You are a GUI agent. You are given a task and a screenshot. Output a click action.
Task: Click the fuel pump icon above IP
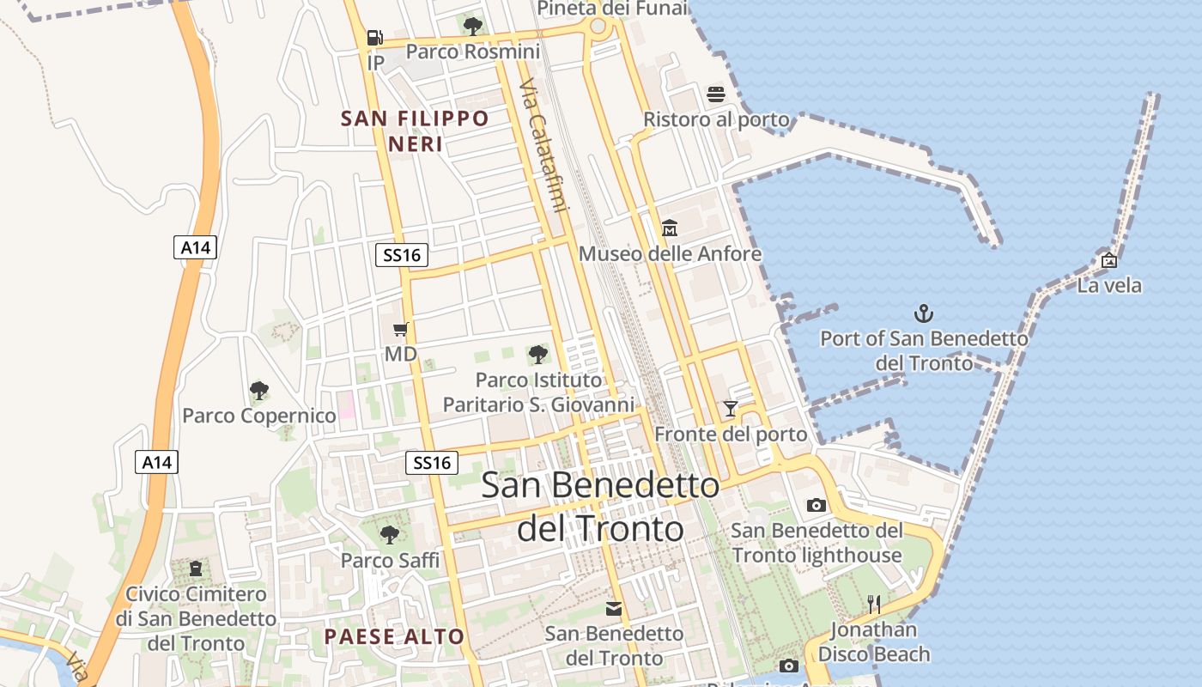point(374,38)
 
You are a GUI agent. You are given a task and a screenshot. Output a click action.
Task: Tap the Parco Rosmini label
point(472,52)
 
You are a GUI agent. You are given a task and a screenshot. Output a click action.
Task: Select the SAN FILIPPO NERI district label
point(416,131)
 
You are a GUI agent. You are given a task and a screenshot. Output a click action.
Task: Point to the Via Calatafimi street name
point(544,146)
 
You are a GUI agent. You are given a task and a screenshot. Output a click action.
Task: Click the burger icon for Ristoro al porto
point(716,94)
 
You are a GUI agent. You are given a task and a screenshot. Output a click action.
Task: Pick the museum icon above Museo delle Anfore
point(670,228)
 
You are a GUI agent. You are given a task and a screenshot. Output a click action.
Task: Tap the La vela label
point(1109,285)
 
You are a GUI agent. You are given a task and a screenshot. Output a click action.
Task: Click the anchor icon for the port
point(924,313)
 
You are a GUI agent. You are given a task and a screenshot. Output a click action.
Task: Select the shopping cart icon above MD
point(400,329)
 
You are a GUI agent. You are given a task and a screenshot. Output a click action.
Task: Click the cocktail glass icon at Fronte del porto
point(731,409)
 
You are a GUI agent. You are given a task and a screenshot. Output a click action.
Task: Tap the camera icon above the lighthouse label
point(816,505)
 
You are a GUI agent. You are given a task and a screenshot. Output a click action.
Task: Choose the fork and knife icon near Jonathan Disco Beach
point(874,605)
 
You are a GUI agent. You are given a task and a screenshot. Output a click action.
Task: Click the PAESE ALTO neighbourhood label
point(394,636)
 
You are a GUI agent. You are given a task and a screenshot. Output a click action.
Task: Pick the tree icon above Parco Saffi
point(390,535)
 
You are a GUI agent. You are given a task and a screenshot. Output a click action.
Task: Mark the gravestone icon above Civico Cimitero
point(197,568)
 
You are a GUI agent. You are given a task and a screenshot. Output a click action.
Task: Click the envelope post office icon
point(614,609)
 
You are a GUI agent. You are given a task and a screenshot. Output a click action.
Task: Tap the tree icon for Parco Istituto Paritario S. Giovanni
point(538,354)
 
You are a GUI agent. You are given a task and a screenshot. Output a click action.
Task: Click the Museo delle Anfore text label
point(670,254)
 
